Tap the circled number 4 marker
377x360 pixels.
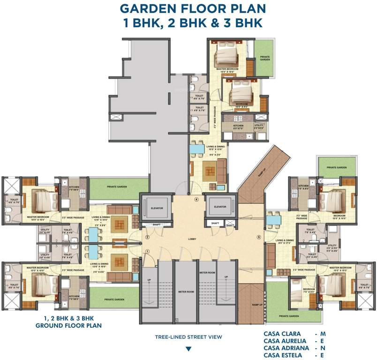[197, 200]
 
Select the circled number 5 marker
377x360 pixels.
[258, 237]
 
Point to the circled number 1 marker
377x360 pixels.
[146, 252]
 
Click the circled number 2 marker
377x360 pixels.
[147, 237]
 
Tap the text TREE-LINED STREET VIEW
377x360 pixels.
[188, 337]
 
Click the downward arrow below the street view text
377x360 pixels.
[188, 348]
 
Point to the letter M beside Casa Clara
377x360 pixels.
[323, 334]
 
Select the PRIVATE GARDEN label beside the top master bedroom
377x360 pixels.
[265, 58]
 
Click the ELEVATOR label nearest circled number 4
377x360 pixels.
[219, 207]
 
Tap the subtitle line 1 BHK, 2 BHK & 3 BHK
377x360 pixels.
[188, 23]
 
